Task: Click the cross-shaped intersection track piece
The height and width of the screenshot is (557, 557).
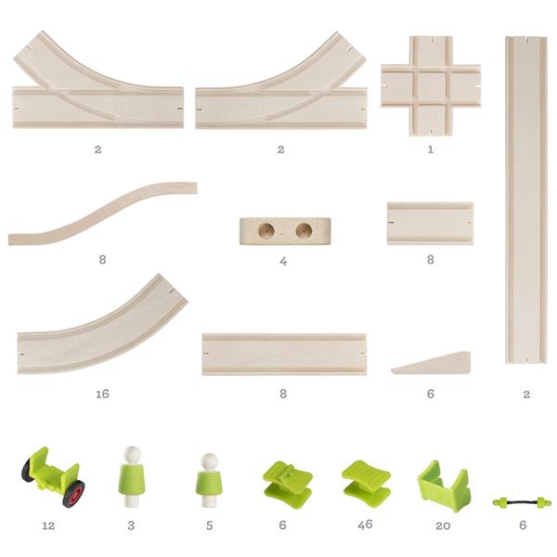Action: point(431,85)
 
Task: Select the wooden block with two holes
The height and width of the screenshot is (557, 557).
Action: point(285,231)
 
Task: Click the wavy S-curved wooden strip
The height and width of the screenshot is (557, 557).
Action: point(102,214)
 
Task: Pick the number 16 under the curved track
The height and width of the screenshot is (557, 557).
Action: point(102,394)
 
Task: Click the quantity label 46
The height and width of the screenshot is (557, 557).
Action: point(365,525)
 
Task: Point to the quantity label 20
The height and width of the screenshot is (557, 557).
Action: point(443,525)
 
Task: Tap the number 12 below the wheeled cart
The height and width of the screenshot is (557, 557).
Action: point(48,525)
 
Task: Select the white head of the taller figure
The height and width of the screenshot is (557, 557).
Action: point(134,453)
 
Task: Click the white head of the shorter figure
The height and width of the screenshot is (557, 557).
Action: point(209,460)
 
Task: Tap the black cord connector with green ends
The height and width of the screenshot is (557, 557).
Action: point(522,502)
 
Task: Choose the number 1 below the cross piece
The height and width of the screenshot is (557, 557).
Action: point(431,149)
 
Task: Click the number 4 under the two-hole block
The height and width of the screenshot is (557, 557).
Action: point(283,262)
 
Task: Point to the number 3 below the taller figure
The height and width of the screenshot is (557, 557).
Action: point(131,525)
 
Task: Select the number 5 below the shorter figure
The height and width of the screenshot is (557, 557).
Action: point(210,525)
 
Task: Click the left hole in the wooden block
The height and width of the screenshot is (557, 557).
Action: point(266,230)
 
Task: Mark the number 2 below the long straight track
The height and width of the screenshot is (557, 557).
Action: point(526,394)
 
